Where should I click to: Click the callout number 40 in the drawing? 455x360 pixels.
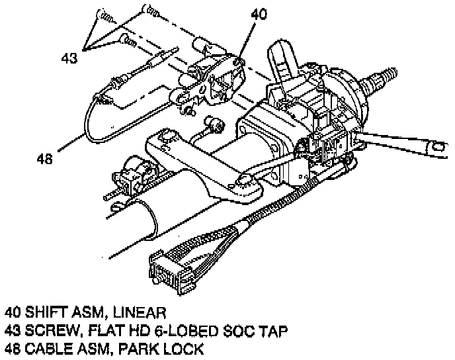259,14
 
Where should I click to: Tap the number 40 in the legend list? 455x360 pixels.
11,311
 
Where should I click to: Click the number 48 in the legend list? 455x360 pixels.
11,348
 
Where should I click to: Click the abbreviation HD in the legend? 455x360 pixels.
132,330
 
